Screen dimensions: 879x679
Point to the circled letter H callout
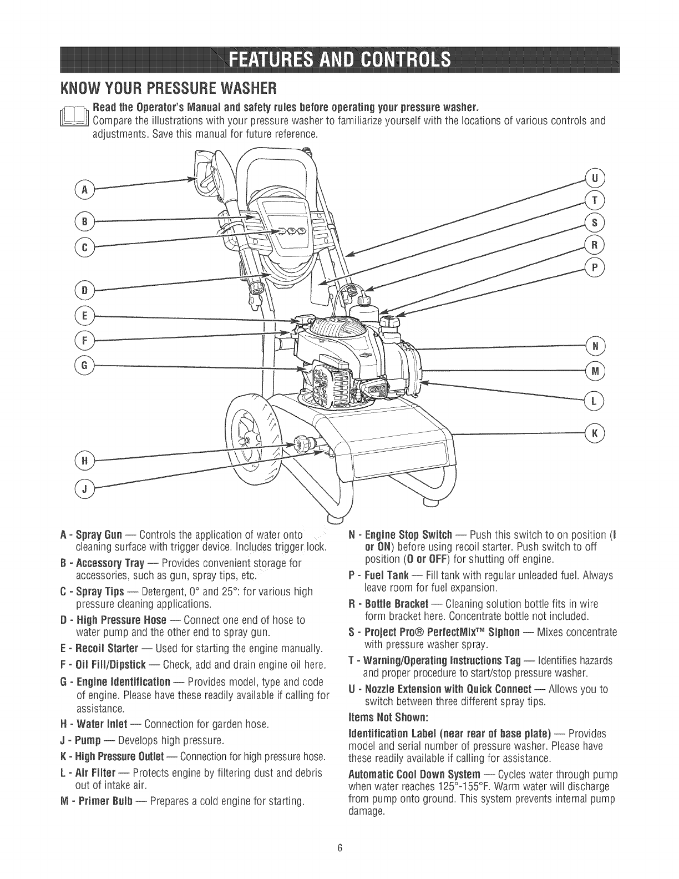(x=85, y=461)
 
